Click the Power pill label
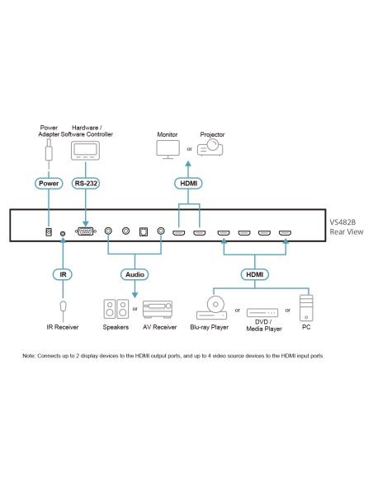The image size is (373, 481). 49,184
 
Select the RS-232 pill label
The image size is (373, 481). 86,184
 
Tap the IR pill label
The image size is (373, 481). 63,274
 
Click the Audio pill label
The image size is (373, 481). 135,274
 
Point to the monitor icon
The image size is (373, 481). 168,149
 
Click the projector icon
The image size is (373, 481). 210,147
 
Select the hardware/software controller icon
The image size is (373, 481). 86,151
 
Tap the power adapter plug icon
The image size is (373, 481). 49,150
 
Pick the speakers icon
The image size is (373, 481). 116,309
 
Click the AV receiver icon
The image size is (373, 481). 158,309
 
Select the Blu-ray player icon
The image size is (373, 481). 212,308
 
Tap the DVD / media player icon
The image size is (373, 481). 262,313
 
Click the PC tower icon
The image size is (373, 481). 306,308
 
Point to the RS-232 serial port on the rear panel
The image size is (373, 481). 86,231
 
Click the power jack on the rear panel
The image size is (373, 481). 49,232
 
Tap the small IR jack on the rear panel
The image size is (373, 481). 63,233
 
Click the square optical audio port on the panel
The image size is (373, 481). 144,231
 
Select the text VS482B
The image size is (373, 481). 342,222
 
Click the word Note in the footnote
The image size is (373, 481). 29,356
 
